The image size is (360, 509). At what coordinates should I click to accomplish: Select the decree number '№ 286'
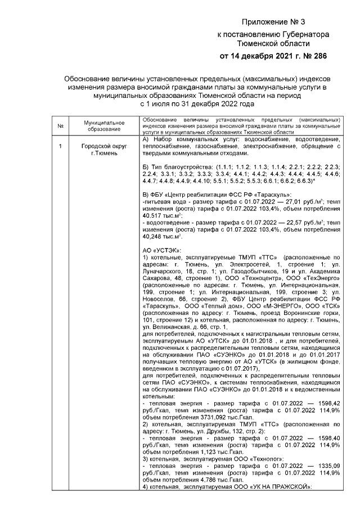[312, 56]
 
